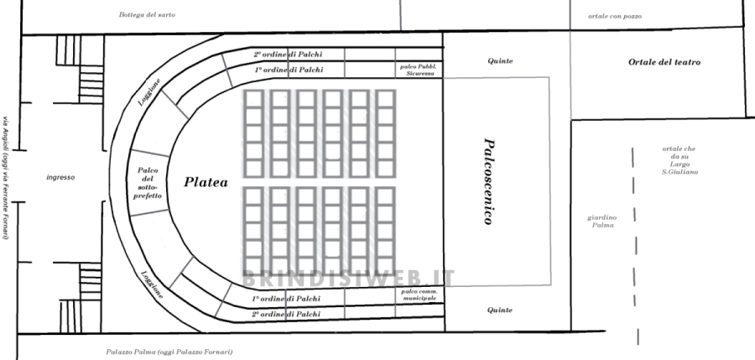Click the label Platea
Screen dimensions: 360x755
click(206, 181)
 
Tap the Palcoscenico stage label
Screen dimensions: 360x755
click(487, 180)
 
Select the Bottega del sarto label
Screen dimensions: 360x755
click(147, 15)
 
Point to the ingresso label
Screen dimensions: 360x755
click(61, 177)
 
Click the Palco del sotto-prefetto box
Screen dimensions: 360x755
click(148, 182)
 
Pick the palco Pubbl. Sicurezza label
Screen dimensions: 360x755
click(418, 70)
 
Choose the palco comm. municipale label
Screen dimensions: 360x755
click(418, 295)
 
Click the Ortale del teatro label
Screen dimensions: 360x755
click(664, 62)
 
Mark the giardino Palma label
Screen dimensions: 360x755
click(601, 222)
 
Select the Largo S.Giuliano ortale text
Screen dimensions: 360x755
click(677, 161)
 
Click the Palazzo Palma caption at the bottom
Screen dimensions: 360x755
click(169, 352)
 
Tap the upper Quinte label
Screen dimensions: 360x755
click(499, 61)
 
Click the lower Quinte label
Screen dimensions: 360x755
click(499, 310)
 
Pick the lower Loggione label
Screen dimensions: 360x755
click(152, 285)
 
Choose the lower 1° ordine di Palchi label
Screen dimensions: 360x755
click(286, 299)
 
